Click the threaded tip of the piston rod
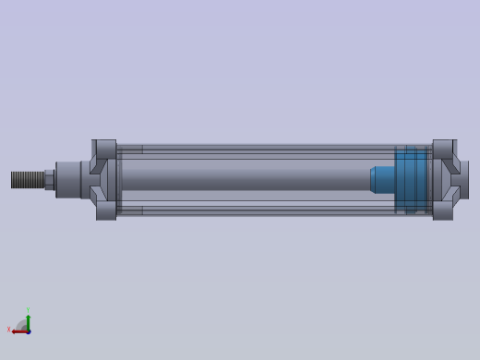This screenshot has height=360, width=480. [27, 179]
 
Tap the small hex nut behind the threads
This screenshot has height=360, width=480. [49, 179]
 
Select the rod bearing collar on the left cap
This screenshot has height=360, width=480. [68, 179]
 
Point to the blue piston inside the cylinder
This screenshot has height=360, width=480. [412, 179]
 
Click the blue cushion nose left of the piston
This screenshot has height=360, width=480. [382, 179]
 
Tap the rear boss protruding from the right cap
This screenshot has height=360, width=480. [464, 179]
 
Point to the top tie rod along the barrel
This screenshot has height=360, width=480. [268, 148]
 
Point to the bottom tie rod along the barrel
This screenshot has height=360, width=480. [268, 211]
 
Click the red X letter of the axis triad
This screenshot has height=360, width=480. [8, 330]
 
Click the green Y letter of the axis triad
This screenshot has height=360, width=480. [28, 310]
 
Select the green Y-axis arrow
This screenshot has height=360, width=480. [28, 320]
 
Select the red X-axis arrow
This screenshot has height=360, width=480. [18, 330]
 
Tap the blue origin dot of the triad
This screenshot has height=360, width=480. [28, 330]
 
